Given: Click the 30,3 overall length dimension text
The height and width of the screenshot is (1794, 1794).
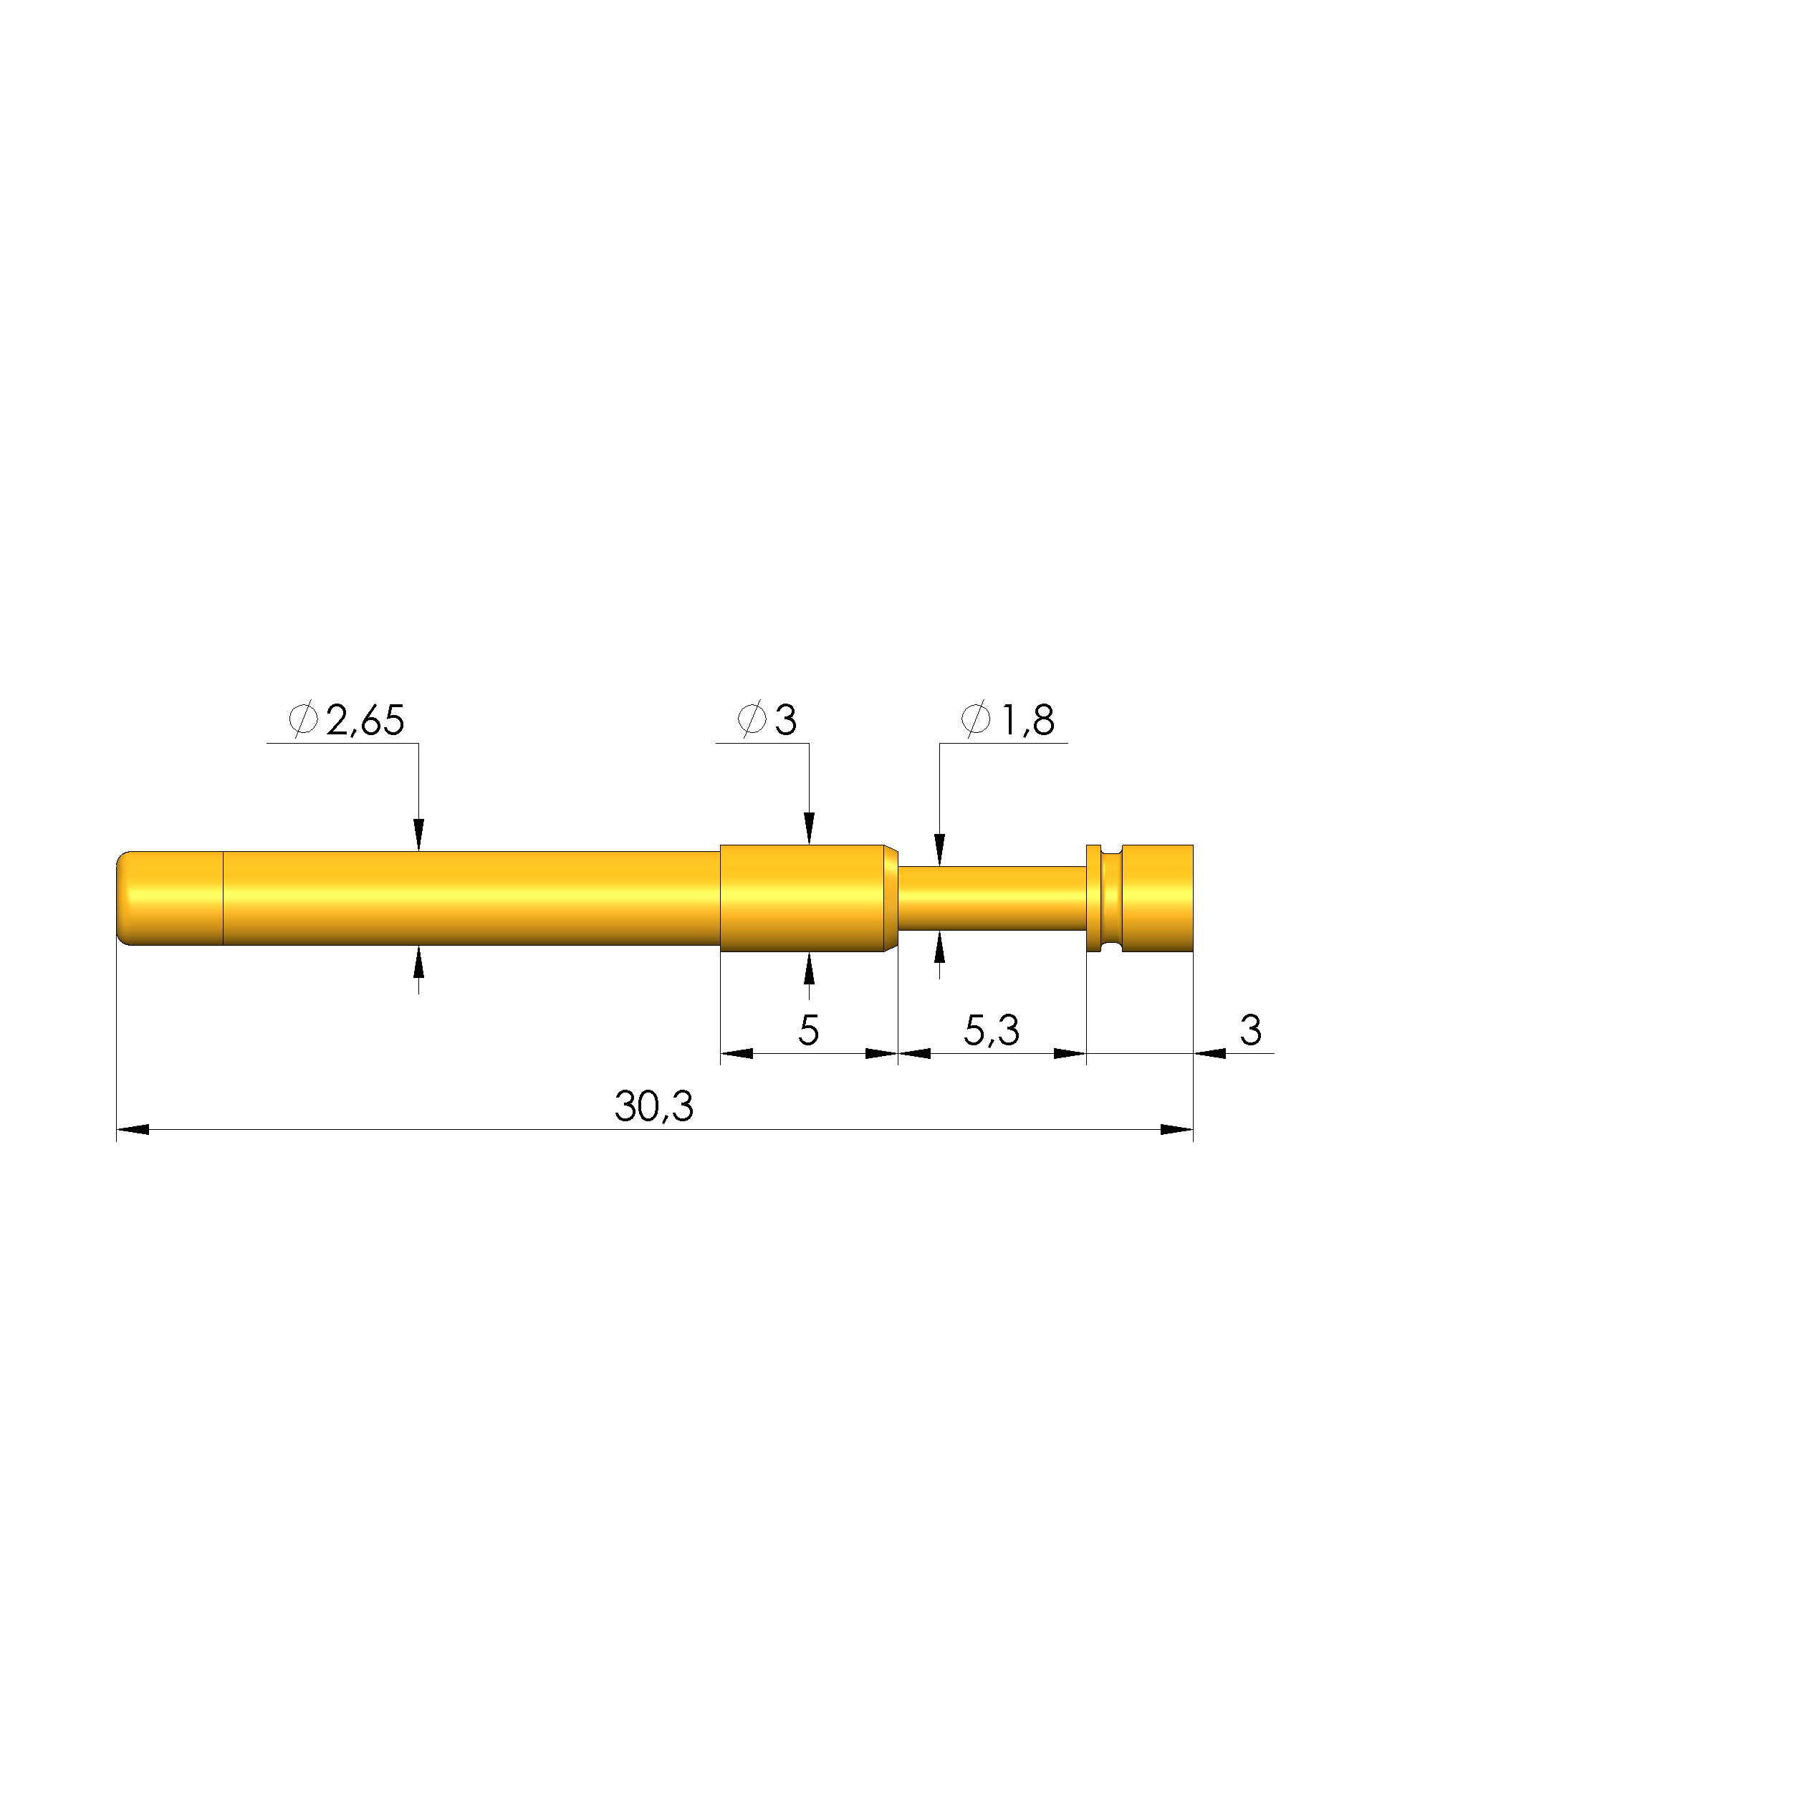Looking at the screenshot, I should click(653, 1107).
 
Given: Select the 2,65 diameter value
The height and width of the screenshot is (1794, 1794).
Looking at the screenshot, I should click(365, 721).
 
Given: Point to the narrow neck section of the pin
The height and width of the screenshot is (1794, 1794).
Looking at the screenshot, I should click(992, 898).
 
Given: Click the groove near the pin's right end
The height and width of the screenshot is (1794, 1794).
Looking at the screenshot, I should click(1111, 898).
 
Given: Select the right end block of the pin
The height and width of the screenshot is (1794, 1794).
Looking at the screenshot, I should click(1157, 898).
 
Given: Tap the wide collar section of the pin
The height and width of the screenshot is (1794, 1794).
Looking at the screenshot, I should click(800, 898).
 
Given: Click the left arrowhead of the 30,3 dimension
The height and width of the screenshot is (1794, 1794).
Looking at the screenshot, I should click(133, 1130).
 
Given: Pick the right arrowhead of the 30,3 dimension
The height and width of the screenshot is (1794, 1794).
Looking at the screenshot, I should click(1176, 1130).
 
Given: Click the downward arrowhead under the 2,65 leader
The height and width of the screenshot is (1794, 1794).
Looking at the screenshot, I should click(419, 834).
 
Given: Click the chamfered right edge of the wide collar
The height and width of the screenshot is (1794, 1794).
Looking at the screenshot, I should click(891, 898).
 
